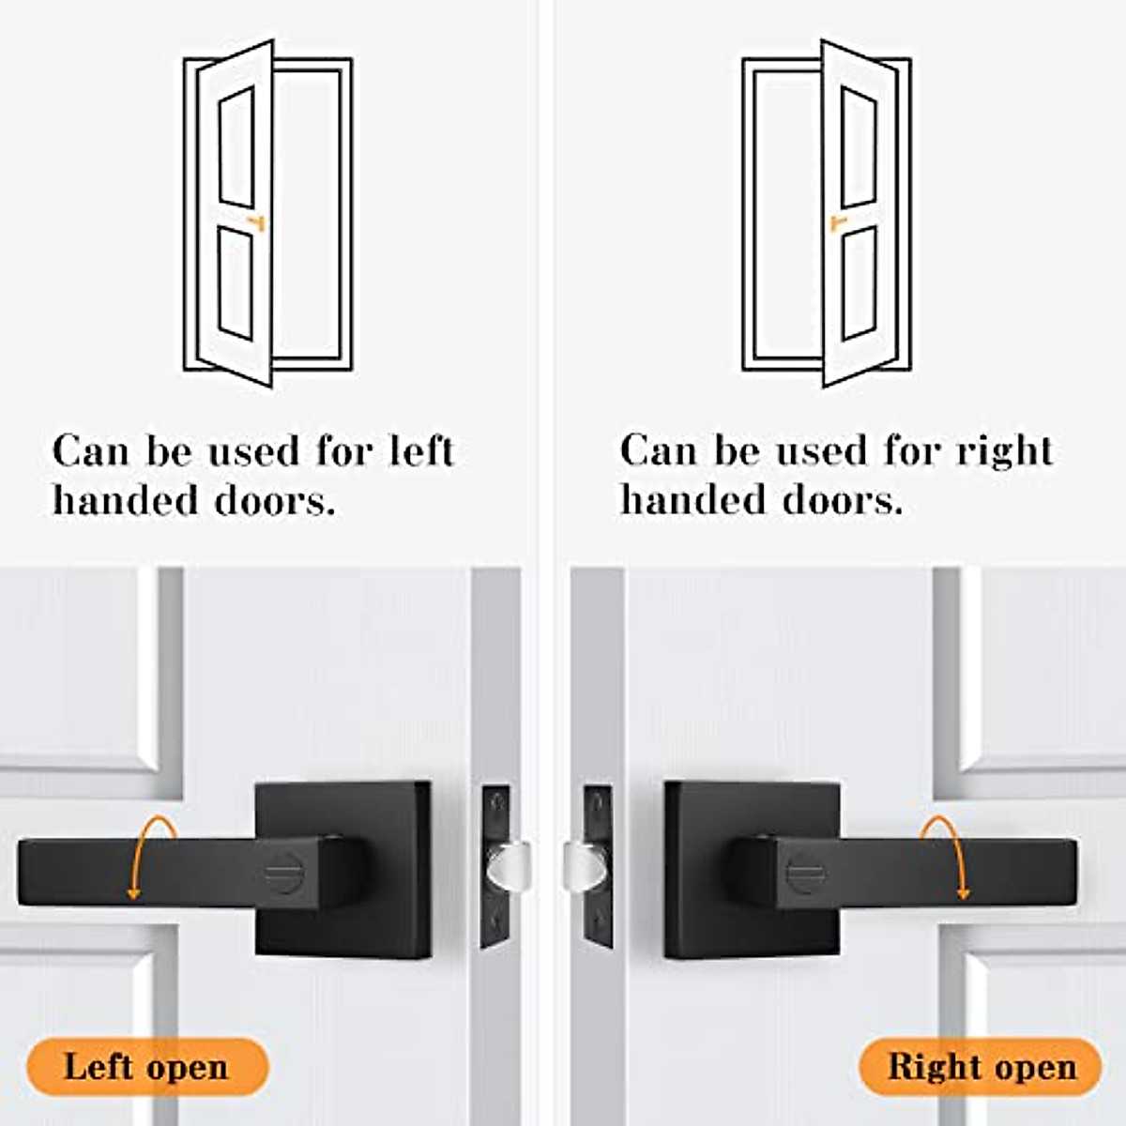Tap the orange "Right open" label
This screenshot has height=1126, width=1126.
point(981,1067)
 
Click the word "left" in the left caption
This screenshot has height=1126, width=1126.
point(421,451)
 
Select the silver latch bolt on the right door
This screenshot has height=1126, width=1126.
point(582,863)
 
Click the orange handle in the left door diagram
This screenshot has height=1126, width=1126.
point(256,222)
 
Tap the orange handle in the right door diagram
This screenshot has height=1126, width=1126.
point(837,222)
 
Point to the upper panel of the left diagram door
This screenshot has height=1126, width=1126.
point(236,148)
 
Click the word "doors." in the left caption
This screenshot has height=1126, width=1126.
point(274,501)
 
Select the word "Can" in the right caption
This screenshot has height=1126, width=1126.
point(656,451)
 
